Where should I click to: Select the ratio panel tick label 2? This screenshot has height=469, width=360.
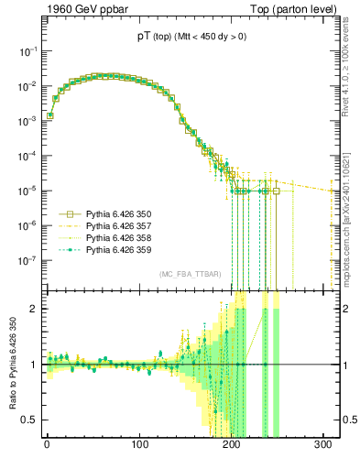click(x=34, y=309)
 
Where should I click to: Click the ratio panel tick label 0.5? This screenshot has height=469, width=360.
click(x=30, y=420)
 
